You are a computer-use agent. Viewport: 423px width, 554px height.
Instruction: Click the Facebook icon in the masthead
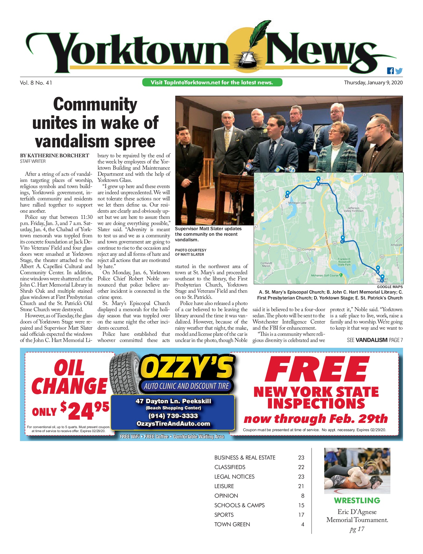click(x=390, y=71)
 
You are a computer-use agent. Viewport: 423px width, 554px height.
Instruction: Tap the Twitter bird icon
click(x=399, y=71)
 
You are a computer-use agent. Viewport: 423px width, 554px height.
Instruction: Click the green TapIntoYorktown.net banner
click(x=212, y=82)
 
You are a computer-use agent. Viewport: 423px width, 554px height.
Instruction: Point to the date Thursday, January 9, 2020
click(x=373, y=82)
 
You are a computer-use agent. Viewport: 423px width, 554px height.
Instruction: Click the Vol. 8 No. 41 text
click(x=36, y=83)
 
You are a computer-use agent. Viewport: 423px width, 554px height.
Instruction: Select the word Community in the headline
click(x=95, y=104)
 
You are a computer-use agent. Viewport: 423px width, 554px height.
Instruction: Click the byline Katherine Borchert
click(x=54, y=156)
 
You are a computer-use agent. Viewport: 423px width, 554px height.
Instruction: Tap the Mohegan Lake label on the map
click(x=297, y=203)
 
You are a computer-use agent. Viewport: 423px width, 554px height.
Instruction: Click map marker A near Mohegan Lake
click(x=287, y=194)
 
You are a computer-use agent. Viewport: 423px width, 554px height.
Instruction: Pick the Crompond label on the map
click(x=308, y=249)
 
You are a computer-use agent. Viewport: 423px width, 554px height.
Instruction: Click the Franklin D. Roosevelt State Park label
click(x=344, y=262)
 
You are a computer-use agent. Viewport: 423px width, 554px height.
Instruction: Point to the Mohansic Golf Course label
click(x=325, y=275)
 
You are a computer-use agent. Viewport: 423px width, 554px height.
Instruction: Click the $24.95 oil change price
click(x=85, y=410)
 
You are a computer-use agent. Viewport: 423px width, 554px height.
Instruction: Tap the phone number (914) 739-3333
click(x=173, y=416)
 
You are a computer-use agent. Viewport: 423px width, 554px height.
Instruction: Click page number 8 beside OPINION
click(x=303, y=496)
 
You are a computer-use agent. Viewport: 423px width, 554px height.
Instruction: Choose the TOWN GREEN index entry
click(x=232, y=524)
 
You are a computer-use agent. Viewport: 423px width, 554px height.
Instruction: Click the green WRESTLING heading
click(x=357, y=501)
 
